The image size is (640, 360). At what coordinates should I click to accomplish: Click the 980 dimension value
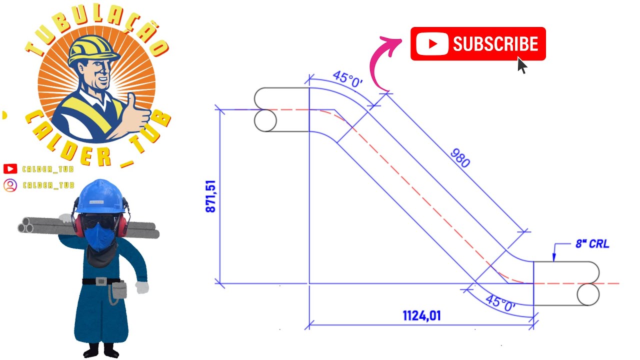tap(460, 158)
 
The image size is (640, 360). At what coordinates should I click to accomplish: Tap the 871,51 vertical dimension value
tap(210, 196)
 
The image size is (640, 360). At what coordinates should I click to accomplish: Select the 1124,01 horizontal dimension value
tap(421, 315)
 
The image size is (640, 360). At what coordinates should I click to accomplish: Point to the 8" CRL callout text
tap(592, 243)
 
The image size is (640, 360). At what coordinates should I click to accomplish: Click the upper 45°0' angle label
tap(347, 79)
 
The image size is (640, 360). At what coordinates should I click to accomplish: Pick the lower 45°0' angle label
tap(500, 303)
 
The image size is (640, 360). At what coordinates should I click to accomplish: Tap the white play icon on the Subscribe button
tap(432, 43)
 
